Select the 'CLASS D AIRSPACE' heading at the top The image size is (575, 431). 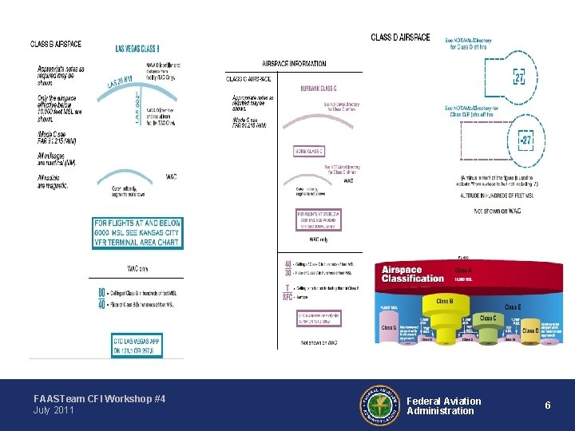coord(400,38)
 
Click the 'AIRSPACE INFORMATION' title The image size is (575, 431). coord(294,64)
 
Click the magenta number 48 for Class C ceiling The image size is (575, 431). coord(287,264)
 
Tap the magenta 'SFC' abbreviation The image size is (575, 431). coord(287,297)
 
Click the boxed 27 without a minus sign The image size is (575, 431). coord(519,78)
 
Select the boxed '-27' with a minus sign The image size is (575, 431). coord(525,141)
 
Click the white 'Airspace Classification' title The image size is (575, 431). coord(413,274)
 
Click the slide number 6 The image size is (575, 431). coord(548,405)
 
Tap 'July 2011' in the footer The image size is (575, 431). coord(54,410)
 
